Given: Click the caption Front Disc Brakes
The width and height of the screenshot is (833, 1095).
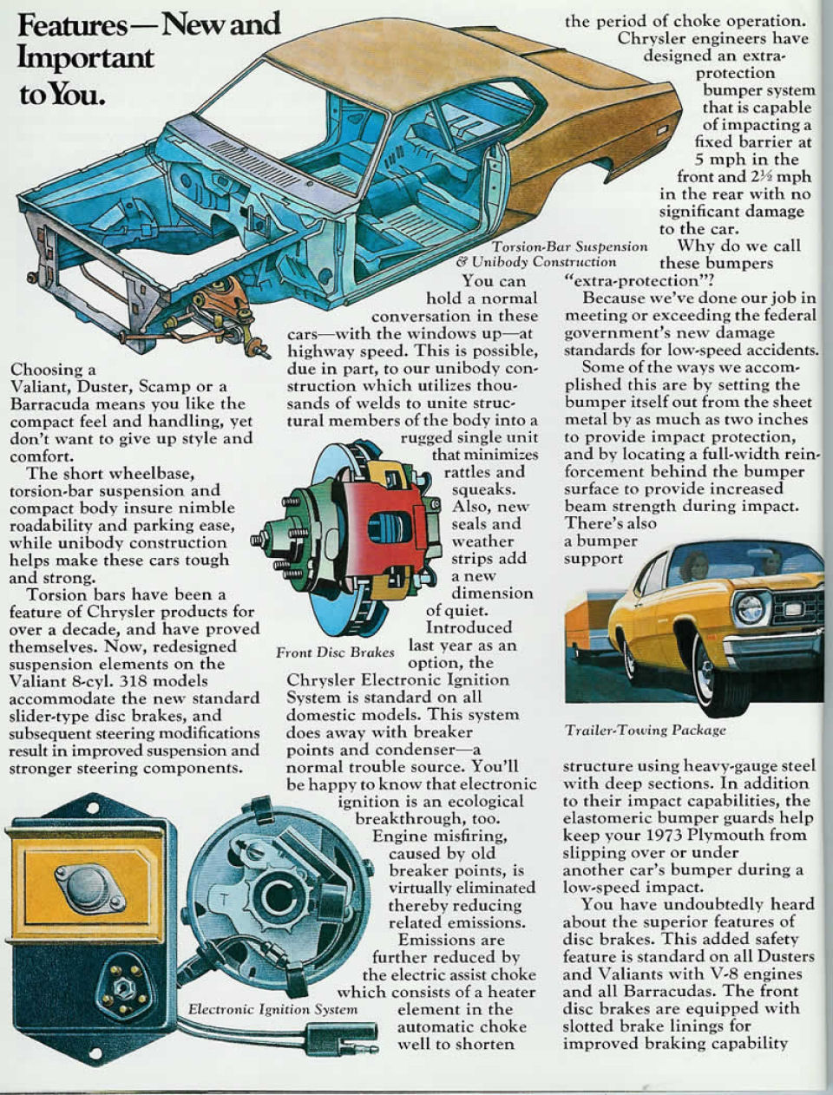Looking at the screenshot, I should (x=334, y=652).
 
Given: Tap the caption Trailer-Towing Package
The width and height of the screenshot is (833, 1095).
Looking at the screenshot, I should (x=645, y=730).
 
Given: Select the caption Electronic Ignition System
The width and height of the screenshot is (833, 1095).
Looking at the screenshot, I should (x=272, y=1009).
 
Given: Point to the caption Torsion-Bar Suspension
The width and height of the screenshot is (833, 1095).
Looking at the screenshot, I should (x=570, y=246).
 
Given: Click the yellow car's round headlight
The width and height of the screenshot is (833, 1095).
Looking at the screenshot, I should (x=749, y=608).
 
